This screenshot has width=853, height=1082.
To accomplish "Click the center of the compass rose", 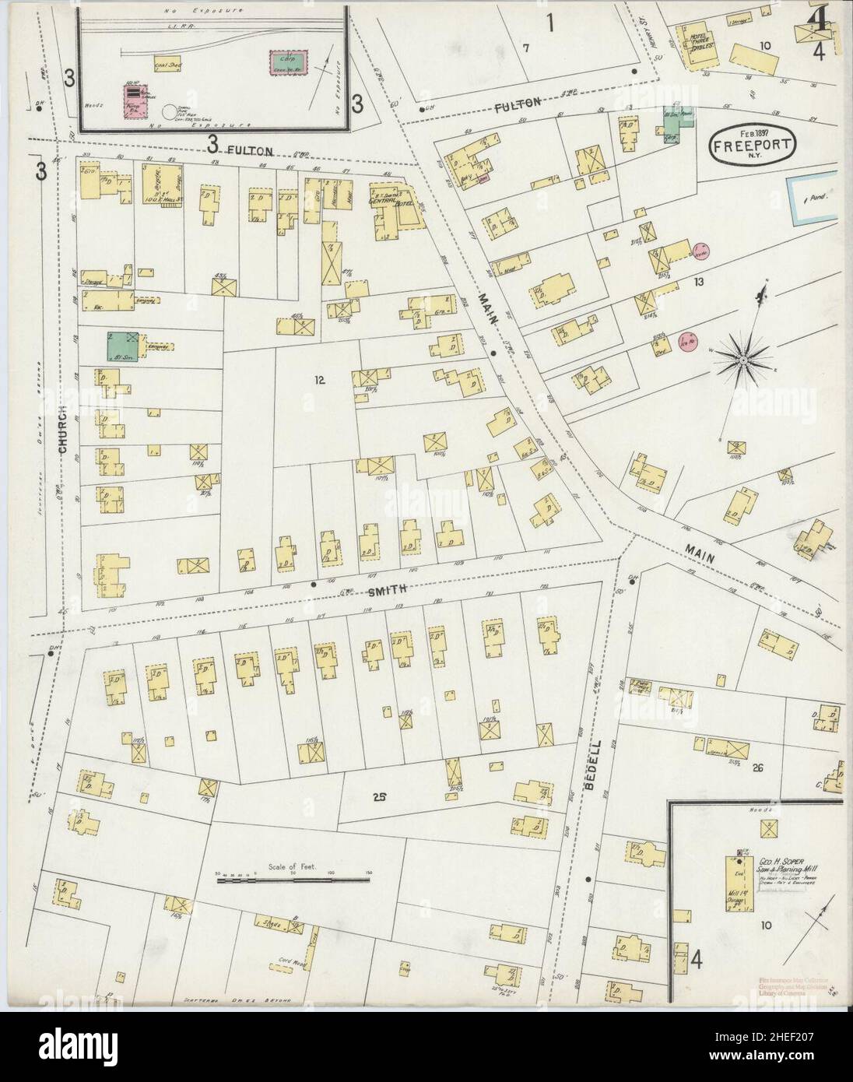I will pos(743,360).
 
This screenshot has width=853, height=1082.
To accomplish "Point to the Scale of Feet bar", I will pos(293,880).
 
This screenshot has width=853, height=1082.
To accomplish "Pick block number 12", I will pos(318,380).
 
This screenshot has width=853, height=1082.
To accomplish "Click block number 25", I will pos(379,796).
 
